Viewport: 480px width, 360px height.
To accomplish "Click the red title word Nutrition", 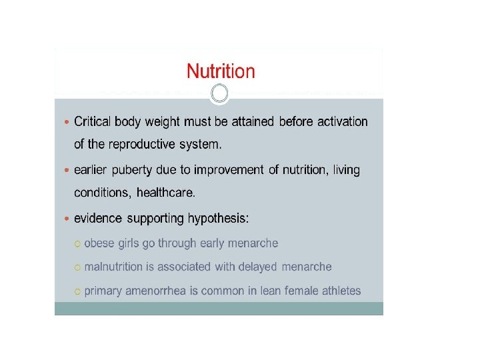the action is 221,71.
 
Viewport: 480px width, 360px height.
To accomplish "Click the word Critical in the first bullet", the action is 92,121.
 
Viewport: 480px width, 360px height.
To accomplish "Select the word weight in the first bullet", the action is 162,122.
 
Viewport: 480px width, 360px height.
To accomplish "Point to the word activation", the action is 342,121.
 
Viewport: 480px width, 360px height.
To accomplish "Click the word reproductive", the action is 142,145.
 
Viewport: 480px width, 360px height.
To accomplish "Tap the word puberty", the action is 131,170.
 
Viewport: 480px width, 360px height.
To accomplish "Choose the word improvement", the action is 229,170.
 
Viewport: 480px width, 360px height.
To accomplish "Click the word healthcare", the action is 165,193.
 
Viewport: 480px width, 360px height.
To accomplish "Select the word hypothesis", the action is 218,219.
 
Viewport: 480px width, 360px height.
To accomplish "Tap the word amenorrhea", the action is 155,291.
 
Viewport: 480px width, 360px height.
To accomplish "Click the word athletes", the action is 341,291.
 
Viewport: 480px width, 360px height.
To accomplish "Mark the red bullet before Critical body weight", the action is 67,122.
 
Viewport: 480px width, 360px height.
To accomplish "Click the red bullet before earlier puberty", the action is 67,171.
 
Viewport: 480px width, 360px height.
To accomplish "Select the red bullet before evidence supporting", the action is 67,219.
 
